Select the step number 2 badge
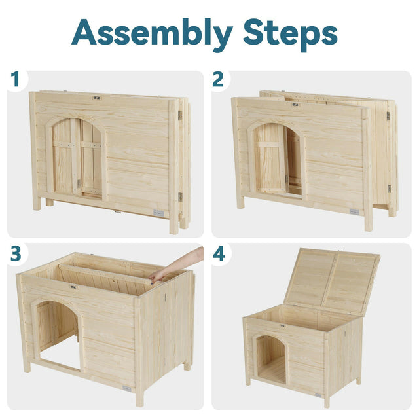point(218,80)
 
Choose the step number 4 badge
point(219,253)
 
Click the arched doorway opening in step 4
point(272,360)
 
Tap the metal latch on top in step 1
point(96,98)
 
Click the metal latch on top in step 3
point(73,286)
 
